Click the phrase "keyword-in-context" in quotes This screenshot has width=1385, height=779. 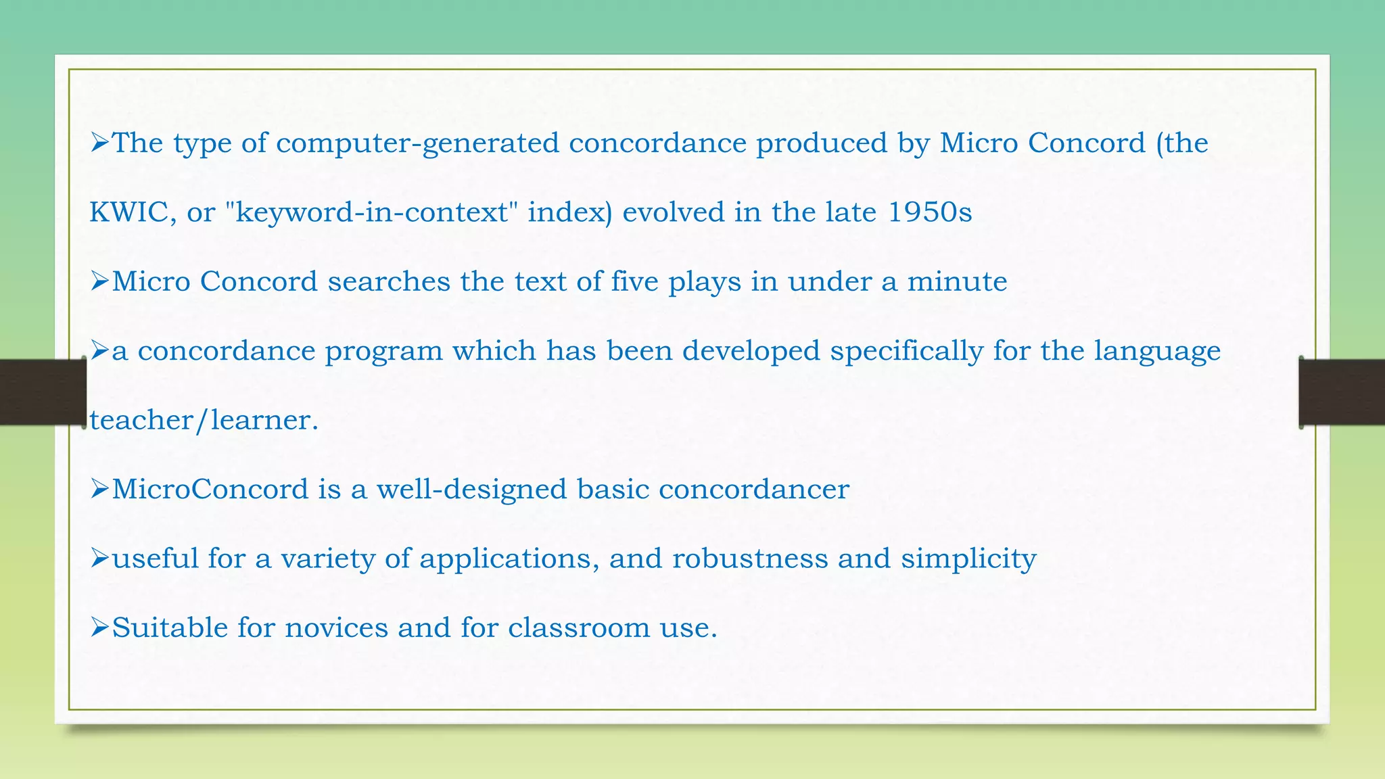point(371,212)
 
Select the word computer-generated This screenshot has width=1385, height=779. point(417,143)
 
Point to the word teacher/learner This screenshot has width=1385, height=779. point(204,421)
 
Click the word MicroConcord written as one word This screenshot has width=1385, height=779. point(210,489)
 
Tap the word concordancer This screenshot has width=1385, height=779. point(753,489)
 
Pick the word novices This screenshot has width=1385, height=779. point(335,628)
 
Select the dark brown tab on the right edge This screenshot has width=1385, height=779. point(1342,392)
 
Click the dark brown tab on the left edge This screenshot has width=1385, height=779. point(43,392)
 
